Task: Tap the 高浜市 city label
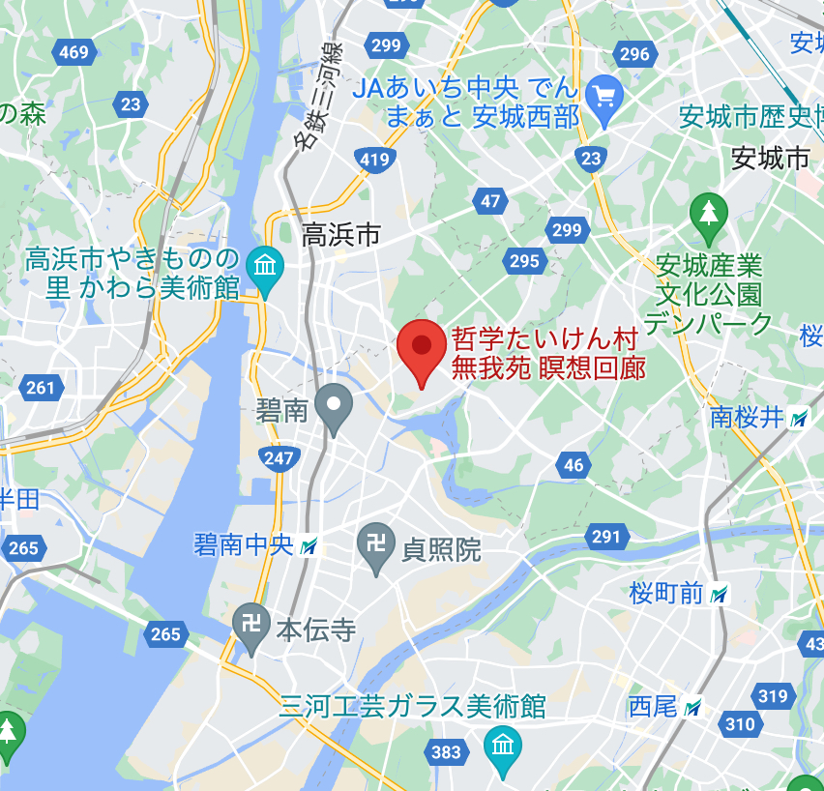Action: click(341, 234)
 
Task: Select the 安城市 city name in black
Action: click(770, 158)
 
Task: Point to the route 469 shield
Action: click(74, 52)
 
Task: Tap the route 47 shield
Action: click(490, 201)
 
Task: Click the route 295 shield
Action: click(524, 261)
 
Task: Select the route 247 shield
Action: click(278, 458)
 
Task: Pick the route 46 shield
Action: click(574, 465)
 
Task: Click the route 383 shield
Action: click(447, 752)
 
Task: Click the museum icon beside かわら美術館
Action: click(264, 265)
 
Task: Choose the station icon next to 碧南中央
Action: click(309, 546)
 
